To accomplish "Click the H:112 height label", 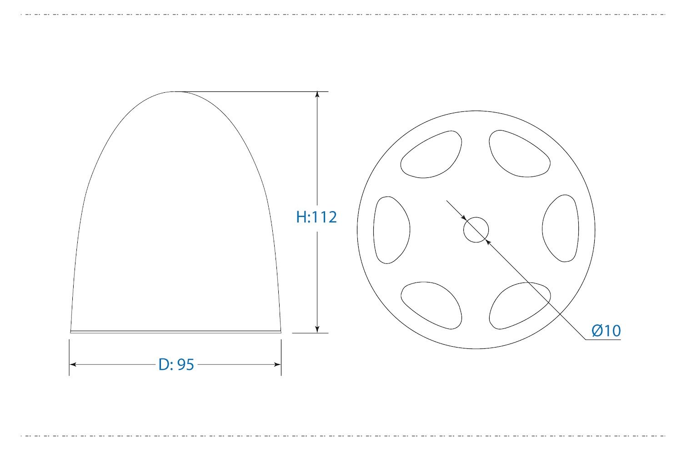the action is click(x=316, y=217).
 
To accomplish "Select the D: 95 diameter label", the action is click(x=176, y=364).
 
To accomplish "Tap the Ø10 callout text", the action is click(x=606, y=331).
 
